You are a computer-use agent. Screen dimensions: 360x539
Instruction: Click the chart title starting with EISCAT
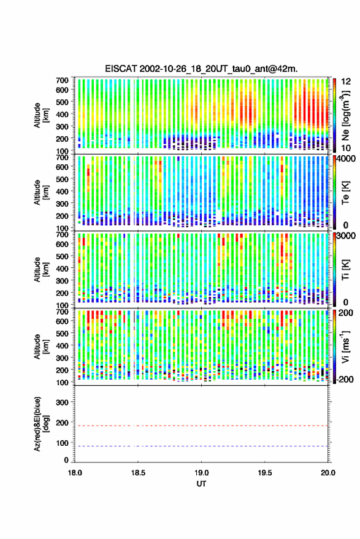201,69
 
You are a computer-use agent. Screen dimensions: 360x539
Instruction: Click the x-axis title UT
201,484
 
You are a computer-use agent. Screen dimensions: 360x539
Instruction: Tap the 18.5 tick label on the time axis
138,473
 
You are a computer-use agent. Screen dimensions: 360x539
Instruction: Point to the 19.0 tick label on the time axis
201,473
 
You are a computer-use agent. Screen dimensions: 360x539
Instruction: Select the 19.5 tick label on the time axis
264,473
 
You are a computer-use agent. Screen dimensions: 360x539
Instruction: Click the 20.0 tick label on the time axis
327,473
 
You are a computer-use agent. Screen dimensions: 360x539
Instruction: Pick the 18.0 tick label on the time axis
75,473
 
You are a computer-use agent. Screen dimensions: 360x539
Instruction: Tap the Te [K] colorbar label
345,193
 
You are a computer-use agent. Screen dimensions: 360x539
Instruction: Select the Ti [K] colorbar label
345,270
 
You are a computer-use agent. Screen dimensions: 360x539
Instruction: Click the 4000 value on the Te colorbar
347,159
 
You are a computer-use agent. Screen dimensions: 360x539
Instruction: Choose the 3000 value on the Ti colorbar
347,236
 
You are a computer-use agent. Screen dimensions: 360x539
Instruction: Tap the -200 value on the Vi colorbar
344,380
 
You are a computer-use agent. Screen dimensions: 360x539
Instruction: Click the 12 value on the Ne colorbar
347,82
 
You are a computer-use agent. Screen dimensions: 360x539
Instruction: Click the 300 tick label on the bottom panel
63,402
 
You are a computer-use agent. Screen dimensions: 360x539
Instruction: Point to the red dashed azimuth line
201,426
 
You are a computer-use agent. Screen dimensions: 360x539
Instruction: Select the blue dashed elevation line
201,446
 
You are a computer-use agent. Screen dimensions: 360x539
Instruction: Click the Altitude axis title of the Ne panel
41,115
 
